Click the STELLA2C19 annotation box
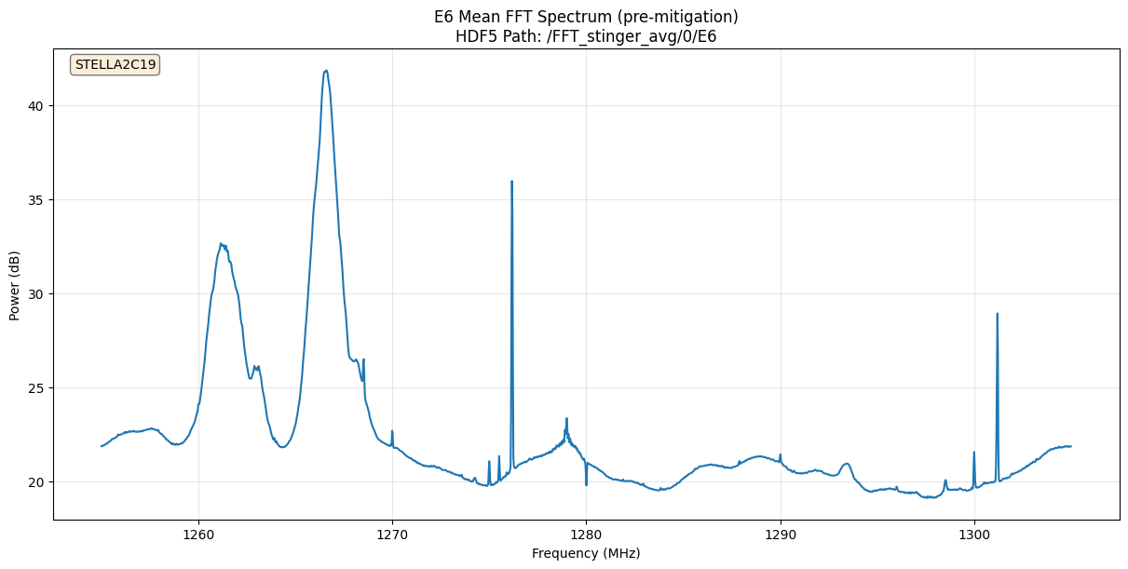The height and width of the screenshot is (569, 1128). pyautogui.click(x=116, y=65)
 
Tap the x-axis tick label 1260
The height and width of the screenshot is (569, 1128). pyautogui.click(x=198, y=535)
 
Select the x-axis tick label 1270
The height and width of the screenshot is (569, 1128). pyautogui.click(x=392, y=535)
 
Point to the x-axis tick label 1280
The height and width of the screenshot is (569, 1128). pyautogui.click(x=586, y=535)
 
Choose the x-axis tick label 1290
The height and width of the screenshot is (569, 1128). pyautogui.click(x=780, y=535)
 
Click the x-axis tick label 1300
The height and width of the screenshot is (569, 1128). pyautogui.click(x=973, y=535)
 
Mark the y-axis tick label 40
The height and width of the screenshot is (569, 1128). pyautogui.click(x=35, y=106)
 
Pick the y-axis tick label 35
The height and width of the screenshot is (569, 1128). pyautogui.click(x=35, y=200)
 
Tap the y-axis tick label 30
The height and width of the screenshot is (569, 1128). pyautogui.click(x=35, y=294)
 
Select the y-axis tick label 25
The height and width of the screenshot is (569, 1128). pyautogui.click(x=35, y=388)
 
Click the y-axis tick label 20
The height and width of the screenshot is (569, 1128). pyautogui.click(x=35, y=482)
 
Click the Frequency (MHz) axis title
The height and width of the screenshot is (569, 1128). pyautogui.click(x=586, y=553)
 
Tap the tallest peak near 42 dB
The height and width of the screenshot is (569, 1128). pyautogui.click(x=325, y=71)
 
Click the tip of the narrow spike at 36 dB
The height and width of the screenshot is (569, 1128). pyautogui.click(x=511, y=182)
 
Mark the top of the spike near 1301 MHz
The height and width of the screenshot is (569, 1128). pyautogui.click(x=997, y=314)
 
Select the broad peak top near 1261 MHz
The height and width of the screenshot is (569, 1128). pyautogui.click(x=222, y=245)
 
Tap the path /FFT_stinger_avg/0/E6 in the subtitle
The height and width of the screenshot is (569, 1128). pyautogui.click(x=640, y=37)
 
